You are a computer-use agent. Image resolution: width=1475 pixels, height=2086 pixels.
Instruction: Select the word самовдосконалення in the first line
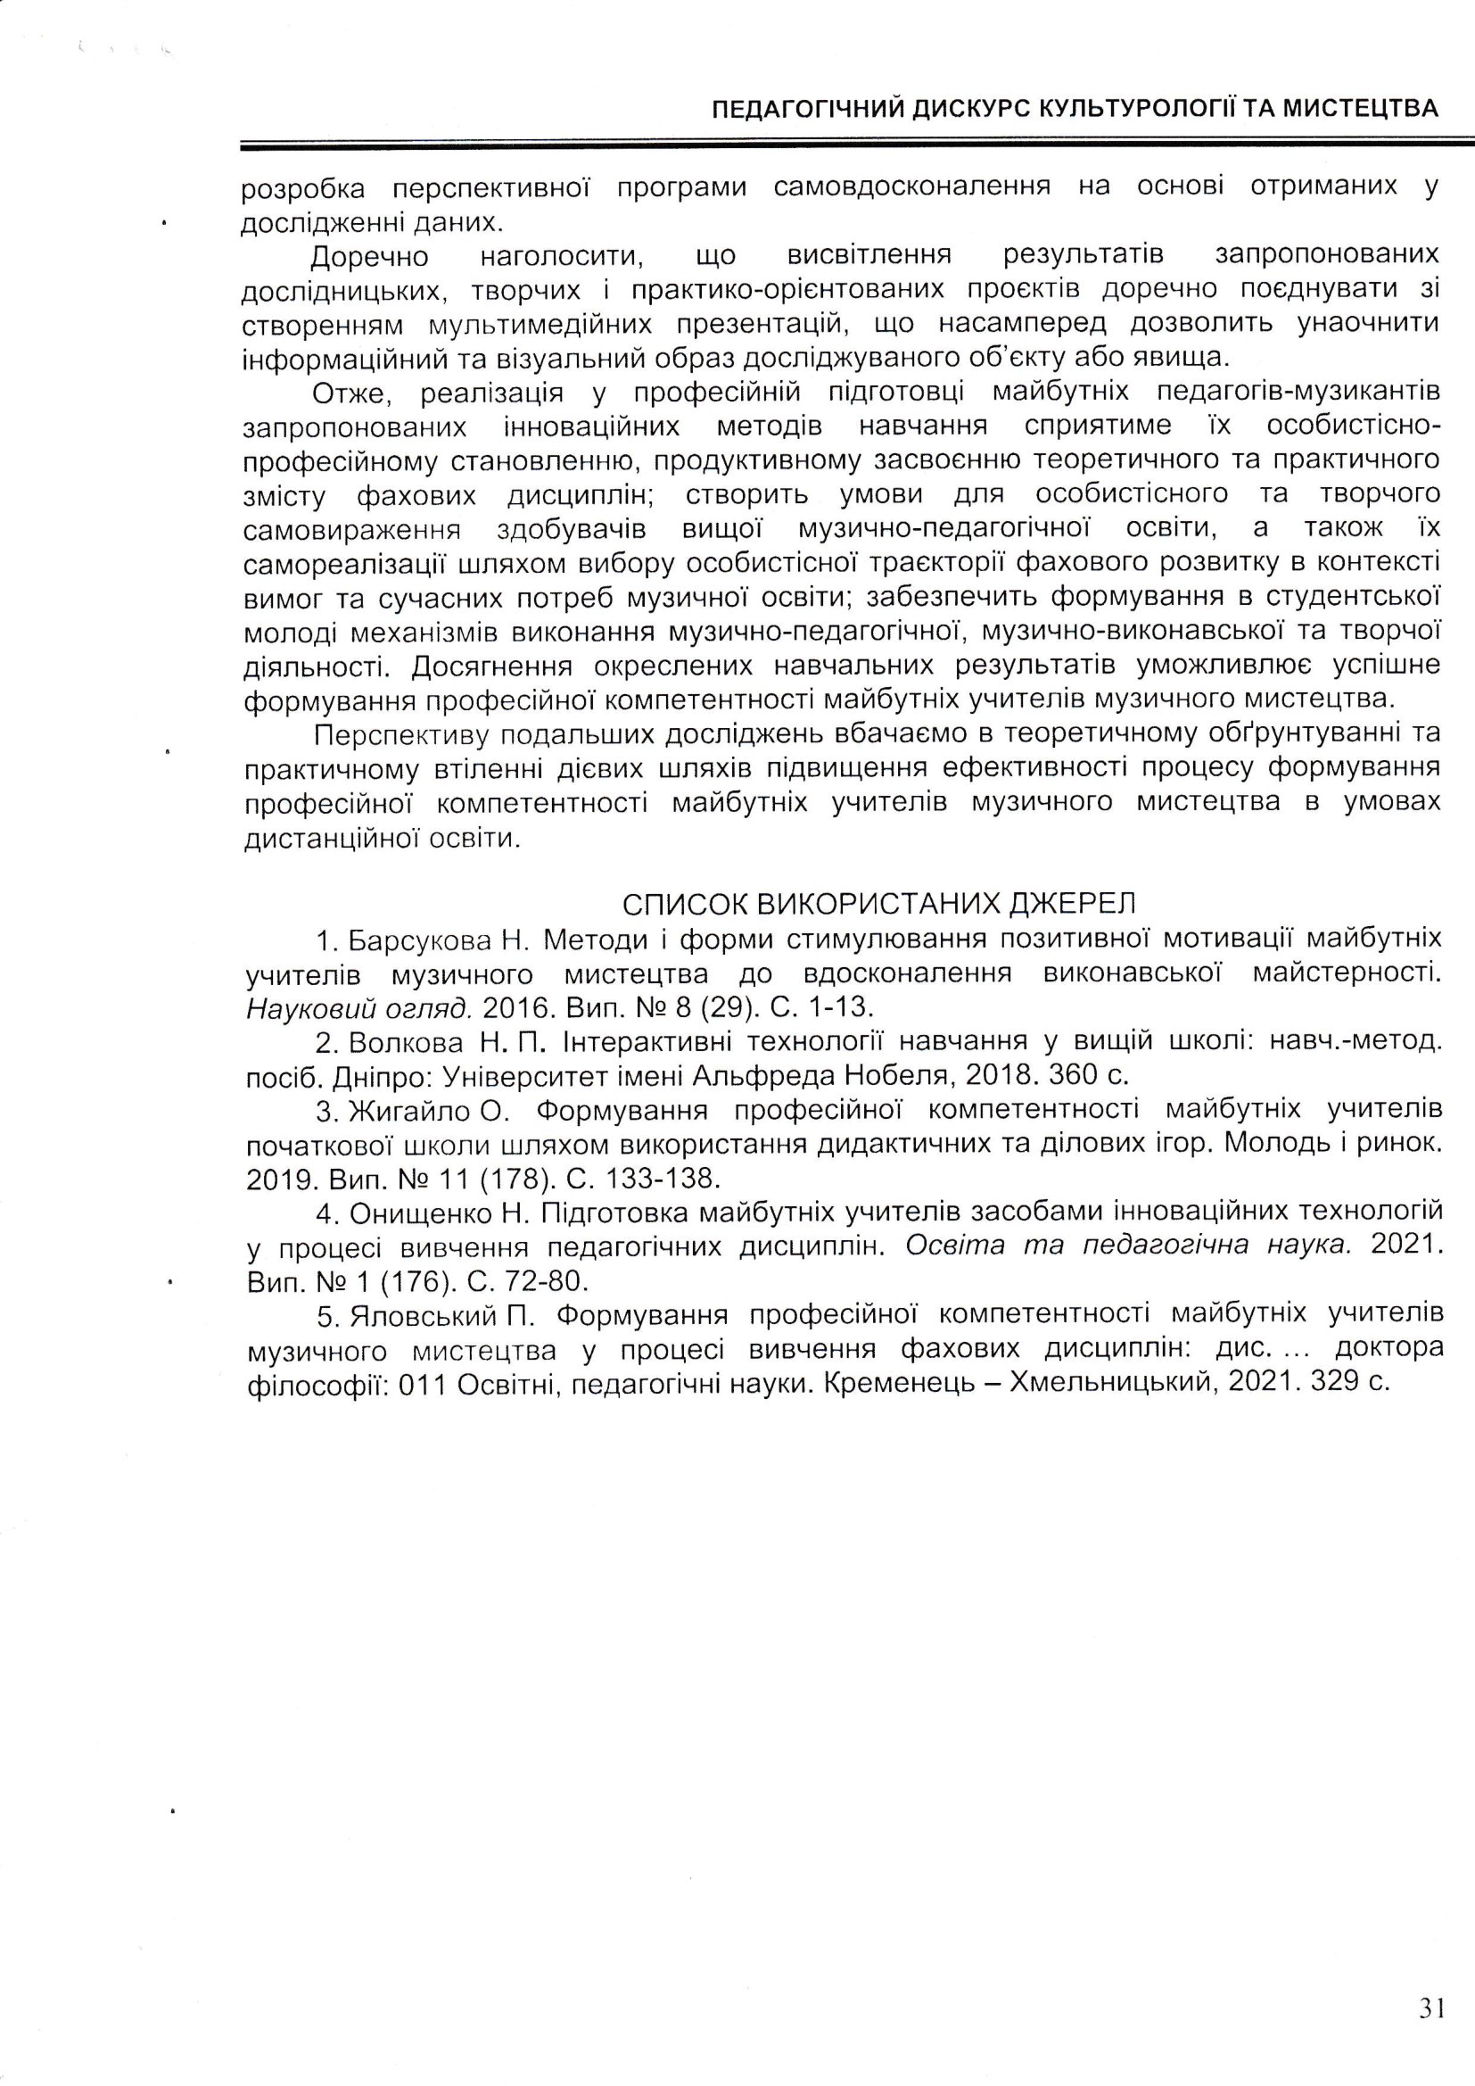point(912,188)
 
